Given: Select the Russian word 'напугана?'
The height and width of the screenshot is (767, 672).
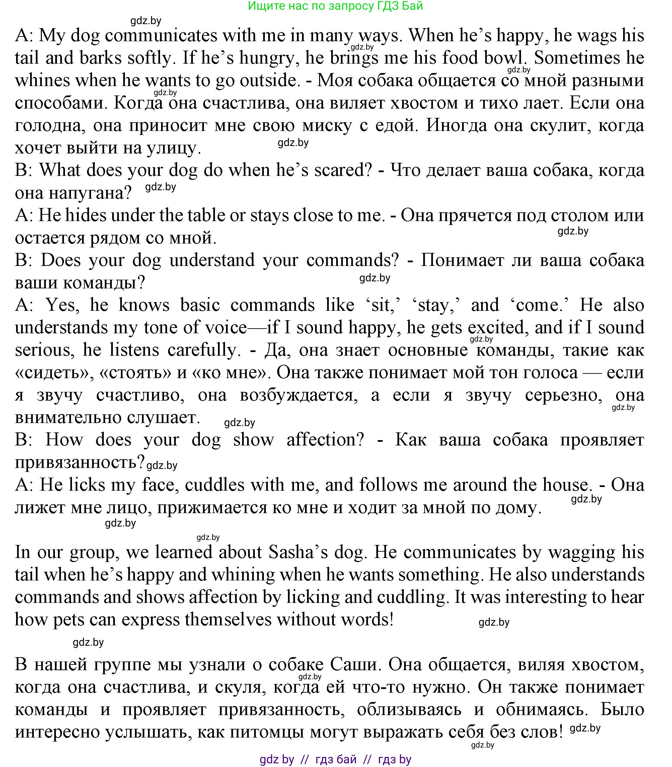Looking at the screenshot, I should point(90,193).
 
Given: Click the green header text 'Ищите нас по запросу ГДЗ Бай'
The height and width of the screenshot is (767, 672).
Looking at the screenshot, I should point(335,6).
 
